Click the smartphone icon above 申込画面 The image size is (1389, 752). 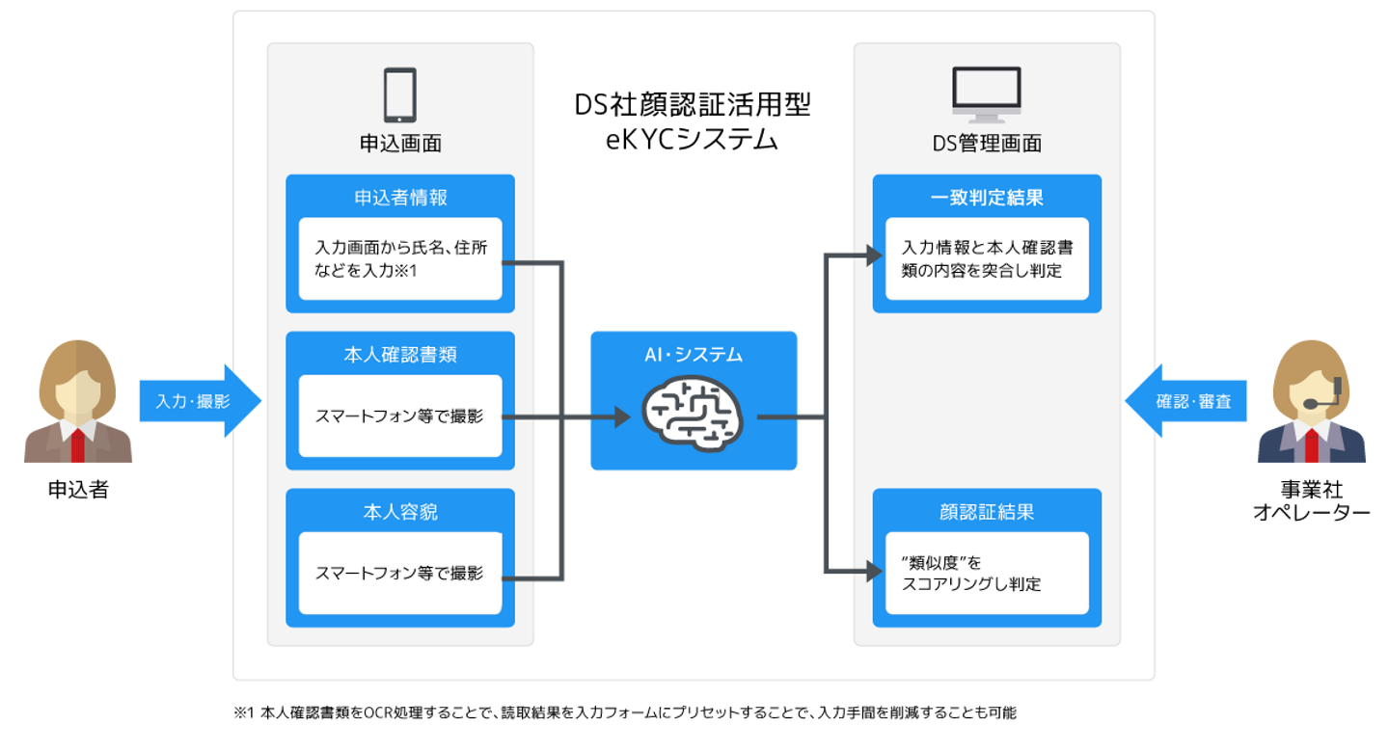pos(399,94)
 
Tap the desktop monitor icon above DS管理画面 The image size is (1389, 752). pos(986,94)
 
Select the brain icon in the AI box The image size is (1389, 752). pos(692,409)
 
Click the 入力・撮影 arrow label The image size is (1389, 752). pos(193,401)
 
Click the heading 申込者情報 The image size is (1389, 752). pos(400,198)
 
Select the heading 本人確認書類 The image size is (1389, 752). pos(400,355)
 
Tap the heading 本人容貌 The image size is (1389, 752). pos(400,512)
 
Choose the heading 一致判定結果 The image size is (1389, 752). pos(987,198)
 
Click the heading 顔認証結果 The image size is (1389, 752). pos(987,512)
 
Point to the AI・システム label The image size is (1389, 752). pos(694,355)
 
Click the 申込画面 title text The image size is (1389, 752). pos(400,145)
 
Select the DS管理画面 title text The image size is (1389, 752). pos(987,145)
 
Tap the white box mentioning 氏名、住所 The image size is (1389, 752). pos(400,258)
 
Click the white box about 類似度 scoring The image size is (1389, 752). pos(987,573)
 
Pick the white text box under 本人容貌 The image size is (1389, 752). pos(400,573)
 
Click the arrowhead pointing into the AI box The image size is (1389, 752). pos(618,417)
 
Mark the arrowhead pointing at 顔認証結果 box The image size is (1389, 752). pos(875,573)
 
